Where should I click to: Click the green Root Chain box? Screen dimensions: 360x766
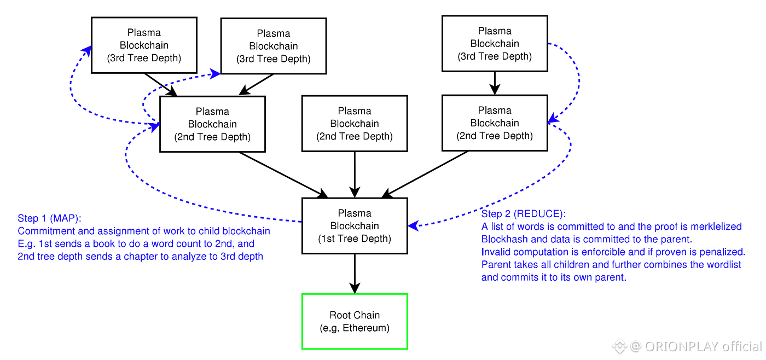[x=355, y=321]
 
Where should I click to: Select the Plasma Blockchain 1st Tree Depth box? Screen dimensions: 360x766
[x=355, y=226]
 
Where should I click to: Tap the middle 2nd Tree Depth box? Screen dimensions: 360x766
[x=355, y=124]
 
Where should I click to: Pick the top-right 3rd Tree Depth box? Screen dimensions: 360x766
[x=495, y=44]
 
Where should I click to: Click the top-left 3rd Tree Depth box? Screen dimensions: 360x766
[x=144, y=45]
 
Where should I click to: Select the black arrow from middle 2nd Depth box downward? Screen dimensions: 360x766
[x=355, y=174]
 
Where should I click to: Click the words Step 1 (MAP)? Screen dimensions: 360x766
[x=49, y=219]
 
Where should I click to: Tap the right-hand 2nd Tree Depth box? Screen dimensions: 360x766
[x=495, y=123]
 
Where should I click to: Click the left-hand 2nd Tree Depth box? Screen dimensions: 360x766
[x=212, y=124]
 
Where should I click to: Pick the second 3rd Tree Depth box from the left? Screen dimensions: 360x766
[x=273, y=46]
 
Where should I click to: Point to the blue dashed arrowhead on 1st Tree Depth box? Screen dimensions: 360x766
[x=413, y=225]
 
